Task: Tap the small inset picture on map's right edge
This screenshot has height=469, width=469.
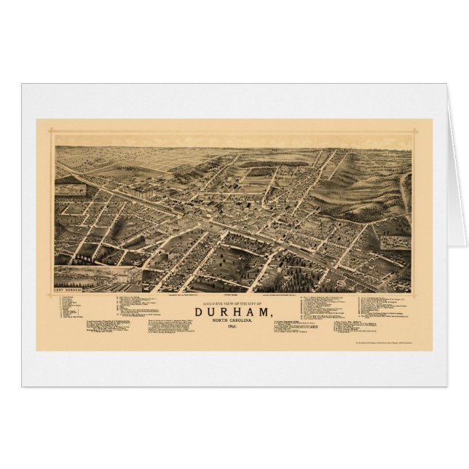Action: coord(396,242)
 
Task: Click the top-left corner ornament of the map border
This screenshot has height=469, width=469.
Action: coord(50,132)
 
